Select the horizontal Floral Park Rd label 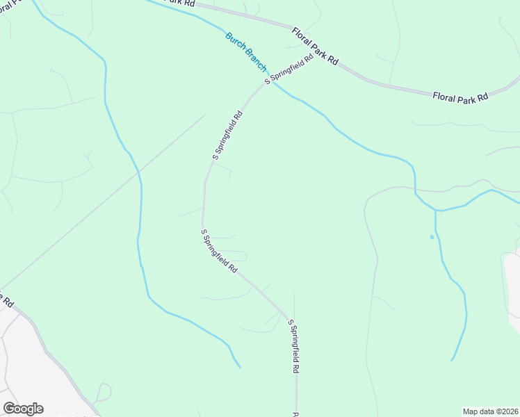[x=460, y=98]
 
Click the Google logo [x=23, y=409]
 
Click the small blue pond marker [x=432, y=237]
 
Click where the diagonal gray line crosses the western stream [x=138, y=170]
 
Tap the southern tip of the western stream [x=240, y=367]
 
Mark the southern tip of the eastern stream [x=452, y=360]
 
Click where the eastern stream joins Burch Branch [x=436, y=210]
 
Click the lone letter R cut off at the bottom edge [x=295, y=414]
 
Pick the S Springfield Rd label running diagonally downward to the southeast [x=220, y=251]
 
